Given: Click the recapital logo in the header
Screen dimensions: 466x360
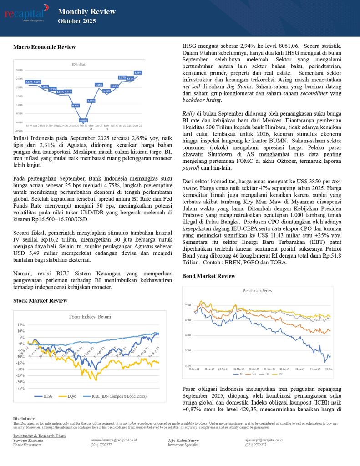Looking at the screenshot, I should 26,13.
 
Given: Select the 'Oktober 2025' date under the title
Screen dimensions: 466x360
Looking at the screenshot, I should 77,21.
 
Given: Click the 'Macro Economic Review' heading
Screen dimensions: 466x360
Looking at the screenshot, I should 44,47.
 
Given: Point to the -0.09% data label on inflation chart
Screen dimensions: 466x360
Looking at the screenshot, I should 84,120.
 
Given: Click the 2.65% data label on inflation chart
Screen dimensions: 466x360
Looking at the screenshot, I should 138,72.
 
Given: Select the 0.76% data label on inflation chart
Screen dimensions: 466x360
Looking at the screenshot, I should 76,106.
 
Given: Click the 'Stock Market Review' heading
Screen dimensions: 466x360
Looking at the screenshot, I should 40,300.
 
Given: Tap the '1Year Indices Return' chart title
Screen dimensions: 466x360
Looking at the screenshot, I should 89,317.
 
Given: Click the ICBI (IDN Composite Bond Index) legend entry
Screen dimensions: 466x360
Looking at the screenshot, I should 115,396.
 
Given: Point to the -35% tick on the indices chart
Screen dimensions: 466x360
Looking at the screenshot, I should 20,388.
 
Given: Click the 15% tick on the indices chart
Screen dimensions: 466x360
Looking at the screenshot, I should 21,325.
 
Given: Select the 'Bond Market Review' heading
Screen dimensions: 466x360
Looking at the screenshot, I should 208,276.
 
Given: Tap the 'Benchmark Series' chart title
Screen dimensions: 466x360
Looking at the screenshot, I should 257,290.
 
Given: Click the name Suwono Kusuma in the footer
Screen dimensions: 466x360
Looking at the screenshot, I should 28,441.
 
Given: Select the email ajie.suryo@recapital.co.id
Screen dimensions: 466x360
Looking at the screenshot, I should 264,440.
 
